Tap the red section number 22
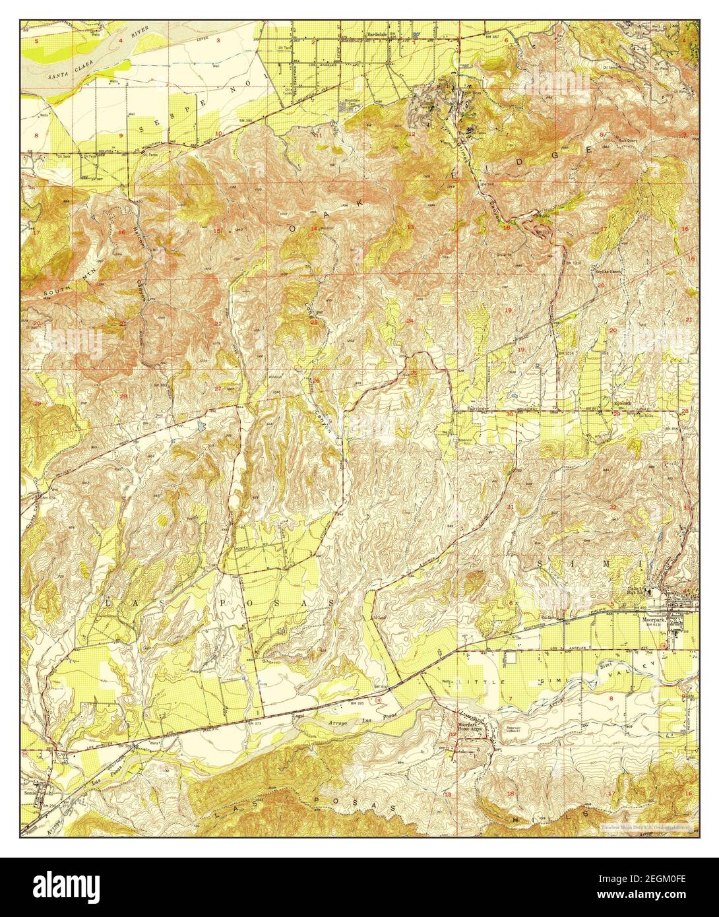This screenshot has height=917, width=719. (x=218, y=323)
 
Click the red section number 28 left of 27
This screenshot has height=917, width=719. (x=123, y=396)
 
